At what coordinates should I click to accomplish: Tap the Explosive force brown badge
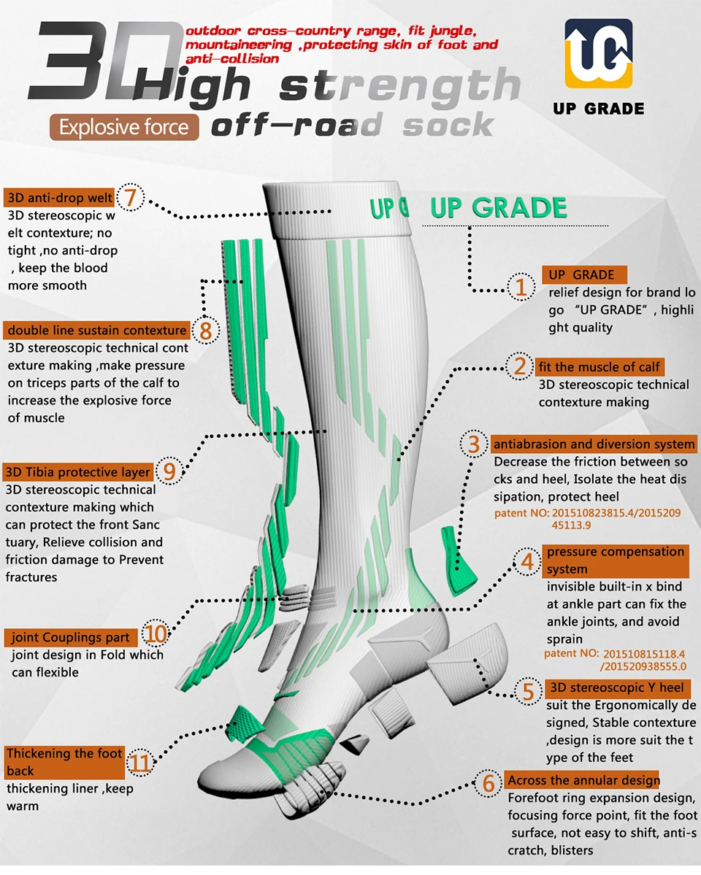tap(124, 128)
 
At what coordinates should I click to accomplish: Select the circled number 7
tap(131, 197)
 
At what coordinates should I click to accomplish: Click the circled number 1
tap(521, 285)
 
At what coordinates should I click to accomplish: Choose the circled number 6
tap(489, 784)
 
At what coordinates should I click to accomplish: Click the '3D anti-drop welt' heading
tap(60, 198)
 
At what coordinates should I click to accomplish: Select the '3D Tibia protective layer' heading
tap(78, 471)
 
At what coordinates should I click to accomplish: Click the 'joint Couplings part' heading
tap(71, 637)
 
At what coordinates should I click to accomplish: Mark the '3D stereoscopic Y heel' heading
tap(616, 687)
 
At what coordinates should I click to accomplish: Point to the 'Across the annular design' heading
tap(583, 780)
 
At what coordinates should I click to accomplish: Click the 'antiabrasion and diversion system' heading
tap(594, 444)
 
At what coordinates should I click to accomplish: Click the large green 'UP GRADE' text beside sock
tap(498, 208)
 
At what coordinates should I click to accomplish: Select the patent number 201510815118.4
tap(645, 654)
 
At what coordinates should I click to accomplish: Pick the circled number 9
tap(169, 471)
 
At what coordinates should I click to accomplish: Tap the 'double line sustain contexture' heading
tap(97, 331)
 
